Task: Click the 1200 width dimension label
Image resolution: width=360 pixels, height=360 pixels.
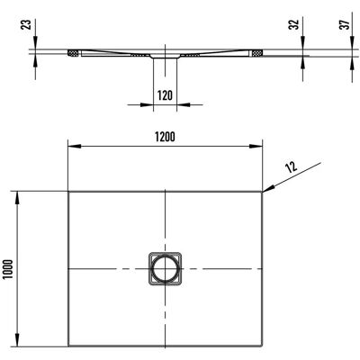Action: coord(165,137)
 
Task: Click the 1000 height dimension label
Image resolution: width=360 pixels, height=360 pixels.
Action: coord(8,269)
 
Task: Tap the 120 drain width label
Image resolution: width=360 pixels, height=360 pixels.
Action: coord(165,95)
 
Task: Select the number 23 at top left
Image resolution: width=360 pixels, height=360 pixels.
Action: coord(27,24)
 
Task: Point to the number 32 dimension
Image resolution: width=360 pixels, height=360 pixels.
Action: coord(295,24)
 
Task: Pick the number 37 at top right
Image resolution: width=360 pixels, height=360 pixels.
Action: coord(346,24)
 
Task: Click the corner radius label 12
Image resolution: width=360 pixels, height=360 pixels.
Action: coord(291,166)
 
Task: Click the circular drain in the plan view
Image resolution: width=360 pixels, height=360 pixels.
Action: coord(165,269)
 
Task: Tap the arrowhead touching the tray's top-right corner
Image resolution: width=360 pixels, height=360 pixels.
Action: coord(269,188)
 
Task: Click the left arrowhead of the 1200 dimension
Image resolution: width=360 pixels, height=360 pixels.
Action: coord(75,146)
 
